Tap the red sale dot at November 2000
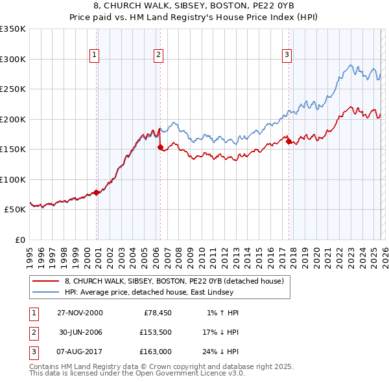97,192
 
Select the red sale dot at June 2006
160,147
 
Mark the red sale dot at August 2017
289,142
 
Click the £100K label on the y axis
13,179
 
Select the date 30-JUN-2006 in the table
80,332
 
